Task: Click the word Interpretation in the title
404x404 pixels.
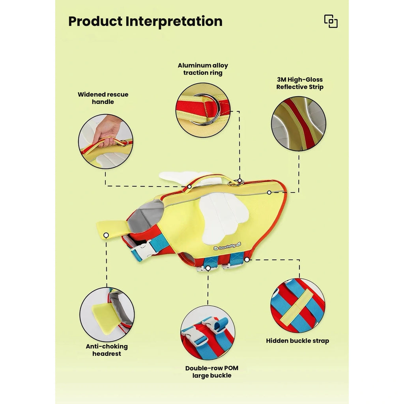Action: coord(174,21)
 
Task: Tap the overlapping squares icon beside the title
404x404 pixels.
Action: coord(331,21)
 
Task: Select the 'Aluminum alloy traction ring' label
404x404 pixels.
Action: coord(203,69)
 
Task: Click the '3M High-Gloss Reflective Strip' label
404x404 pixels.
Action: coord(300,83)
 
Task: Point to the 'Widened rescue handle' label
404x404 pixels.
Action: coord(103,98)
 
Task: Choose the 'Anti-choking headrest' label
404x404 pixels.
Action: coord(107,350)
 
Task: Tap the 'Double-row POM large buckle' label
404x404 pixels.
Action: coord(212,372)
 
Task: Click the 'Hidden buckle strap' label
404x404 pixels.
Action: coord(297,341)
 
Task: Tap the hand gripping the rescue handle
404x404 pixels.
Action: coord(107,131)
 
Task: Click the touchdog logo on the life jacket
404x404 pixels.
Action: coord(228,247)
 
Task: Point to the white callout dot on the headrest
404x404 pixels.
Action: coord(106,235)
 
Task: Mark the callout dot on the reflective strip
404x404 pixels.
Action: coord(269,193)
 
